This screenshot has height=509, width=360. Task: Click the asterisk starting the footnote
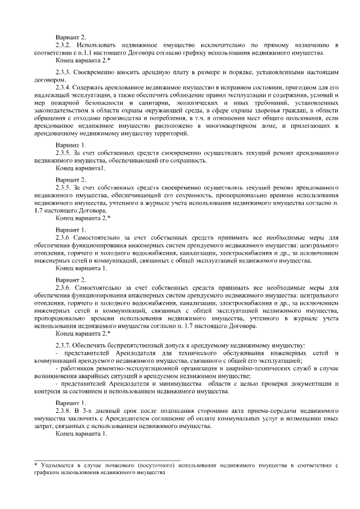click(x=35, y=465)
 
